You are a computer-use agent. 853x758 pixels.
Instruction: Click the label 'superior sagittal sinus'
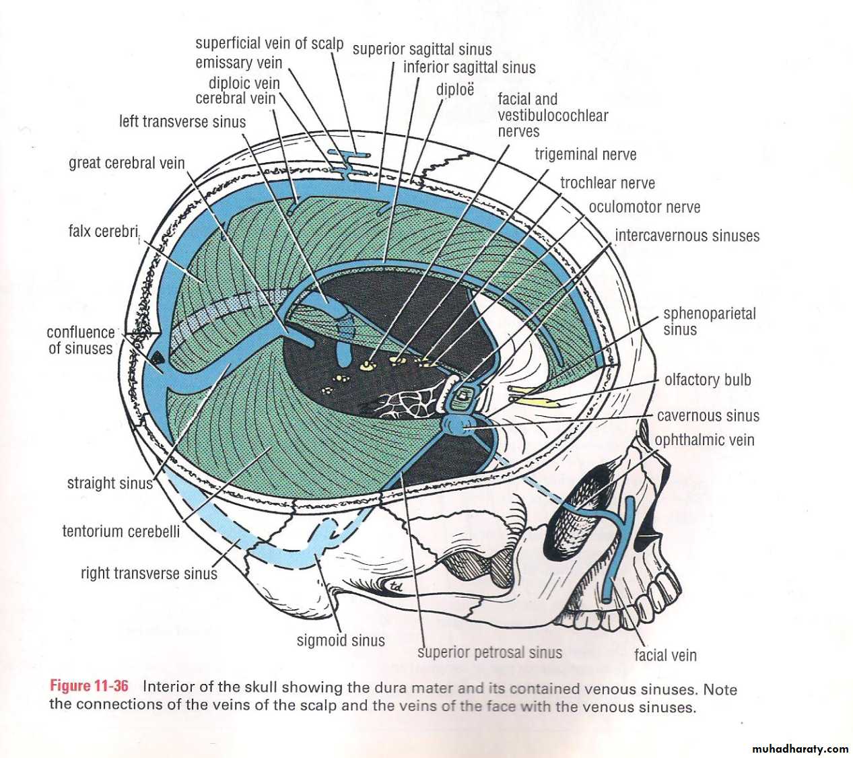coord(422,49)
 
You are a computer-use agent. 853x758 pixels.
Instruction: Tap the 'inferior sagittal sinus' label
coord(469,67)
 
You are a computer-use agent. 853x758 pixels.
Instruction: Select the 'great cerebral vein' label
coord(127,163)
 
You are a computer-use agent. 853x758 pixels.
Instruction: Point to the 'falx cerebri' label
coord(103,232)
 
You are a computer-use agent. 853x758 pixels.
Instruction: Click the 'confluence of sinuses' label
coord(81,340)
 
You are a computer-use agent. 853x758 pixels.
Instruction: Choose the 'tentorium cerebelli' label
coord(121,531)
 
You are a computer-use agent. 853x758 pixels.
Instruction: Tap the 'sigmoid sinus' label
coord(341,640)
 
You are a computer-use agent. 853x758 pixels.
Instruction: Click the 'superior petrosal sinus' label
coord(489,652)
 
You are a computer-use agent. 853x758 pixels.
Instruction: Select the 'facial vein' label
coord(665,655)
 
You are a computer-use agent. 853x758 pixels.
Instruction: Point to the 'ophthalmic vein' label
coord(704,440)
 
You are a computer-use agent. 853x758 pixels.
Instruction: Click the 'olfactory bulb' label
coord(708,380)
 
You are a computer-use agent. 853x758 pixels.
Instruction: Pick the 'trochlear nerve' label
coord(607,183)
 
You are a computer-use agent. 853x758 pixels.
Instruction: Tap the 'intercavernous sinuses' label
coord(687,236)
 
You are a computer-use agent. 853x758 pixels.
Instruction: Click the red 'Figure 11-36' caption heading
coord(89,686)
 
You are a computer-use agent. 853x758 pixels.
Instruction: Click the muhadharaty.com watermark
coord(799,749)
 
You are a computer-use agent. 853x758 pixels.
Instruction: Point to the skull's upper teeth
coord(650,596)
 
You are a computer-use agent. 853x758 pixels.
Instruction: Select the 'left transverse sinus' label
coord(182,122)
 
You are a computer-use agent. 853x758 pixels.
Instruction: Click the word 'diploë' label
coord(455,90)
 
